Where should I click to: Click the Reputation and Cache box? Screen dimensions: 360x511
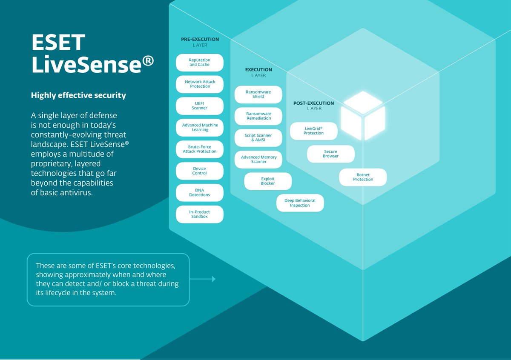tap(199, 63)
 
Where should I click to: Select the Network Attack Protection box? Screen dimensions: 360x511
tap(199, 84)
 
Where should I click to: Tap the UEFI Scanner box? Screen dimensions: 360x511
tap(199, 106)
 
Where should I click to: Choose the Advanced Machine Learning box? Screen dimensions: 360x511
tap(199, 128)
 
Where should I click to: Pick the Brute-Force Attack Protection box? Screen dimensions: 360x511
tap(199, 149)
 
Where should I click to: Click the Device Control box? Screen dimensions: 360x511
tap(199, 171)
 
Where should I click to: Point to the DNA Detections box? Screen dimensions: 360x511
tap(199, 193)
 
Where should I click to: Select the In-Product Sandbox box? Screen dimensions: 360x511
tap(199, 214)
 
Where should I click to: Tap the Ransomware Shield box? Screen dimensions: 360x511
tap(258, 94)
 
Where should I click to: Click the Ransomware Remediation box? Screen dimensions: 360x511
tap(258, 116)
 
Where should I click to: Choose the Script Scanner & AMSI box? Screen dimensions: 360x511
tap(258, 138)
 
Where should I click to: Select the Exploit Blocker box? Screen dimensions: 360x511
tap(268, 181)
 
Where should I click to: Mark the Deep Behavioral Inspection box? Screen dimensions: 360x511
tap(300, 203)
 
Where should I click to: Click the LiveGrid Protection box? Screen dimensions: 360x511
tap(313, 131)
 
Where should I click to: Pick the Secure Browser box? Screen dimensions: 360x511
tap(330, 154)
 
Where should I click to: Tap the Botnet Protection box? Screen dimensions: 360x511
tap(363, 177)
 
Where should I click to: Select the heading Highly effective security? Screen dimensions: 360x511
tap(78, 96)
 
